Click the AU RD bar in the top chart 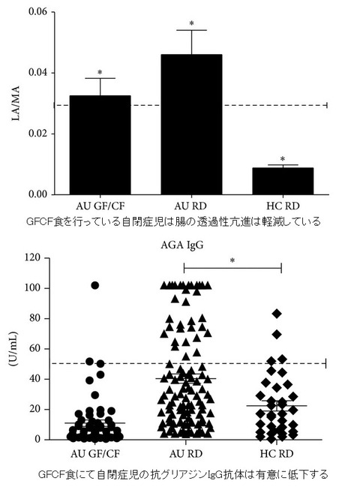click(x=191, y=125)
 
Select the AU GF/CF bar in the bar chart click(x=100, y=145)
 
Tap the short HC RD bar click(x=283, y=182)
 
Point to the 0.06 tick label click(x=37, y=12)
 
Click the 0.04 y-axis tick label click(x=37, y=73)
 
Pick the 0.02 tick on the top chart click(x=37, y=134)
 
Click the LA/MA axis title click(x=15, y=103)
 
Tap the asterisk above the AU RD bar click(x=192, y=23)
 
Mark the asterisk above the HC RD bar click(x=283, y=159)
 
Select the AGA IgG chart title click(x=182, y=245)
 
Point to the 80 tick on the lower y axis click(x=35, y=318)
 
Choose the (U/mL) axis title click(x=13, y=349)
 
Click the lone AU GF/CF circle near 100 click(x=95, y=285)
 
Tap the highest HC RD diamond click(x=277, y=314)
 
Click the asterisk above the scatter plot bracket click(x=232, y=260)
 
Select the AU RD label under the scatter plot click(x=186, y=454)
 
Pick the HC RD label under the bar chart click(x=283, y=206)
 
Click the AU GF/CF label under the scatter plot click(x=95, y=454)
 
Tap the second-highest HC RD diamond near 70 click(x=277, y=335)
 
